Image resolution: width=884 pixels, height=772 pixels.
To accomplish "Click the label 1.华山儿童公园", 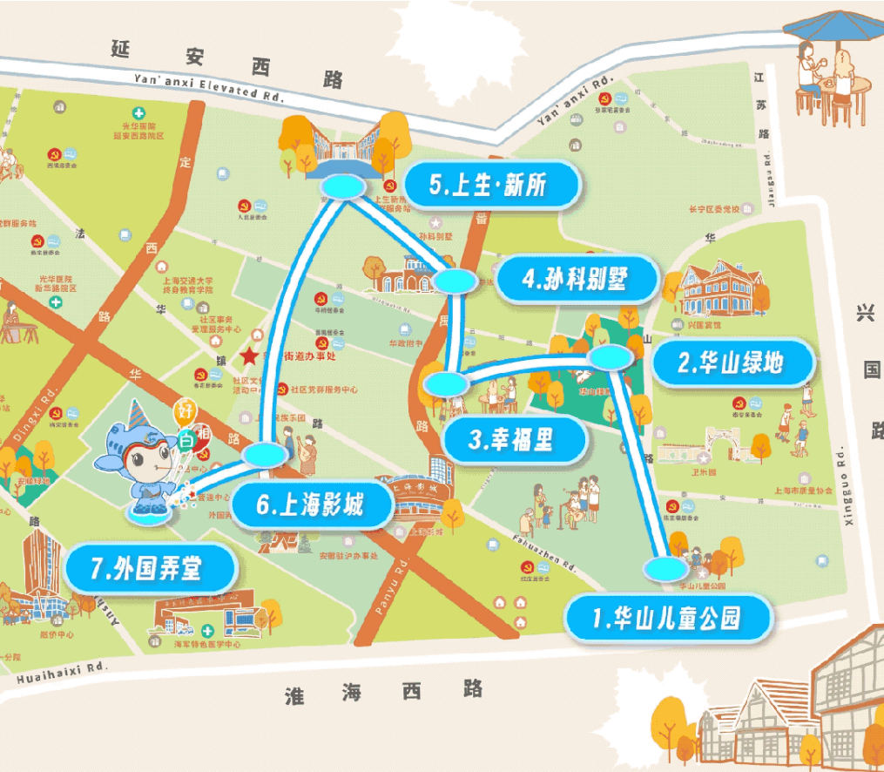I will tap(668, 620).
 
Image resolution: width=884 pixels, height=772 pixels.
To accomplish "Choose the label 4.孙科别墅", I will tap(576, 280).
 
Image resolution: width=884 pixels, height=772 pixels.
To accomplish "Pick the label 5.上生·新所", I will tap(492, 186).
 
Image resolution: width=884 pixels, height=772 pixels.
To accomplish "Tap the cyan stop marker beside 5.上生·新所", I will tap(342, 187).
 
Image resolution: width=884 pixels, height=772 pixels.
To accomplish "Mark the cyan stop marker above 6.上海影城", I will tap(263, 454).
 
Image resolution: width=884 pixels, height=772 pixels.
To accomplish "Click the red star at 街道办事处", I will tap(250, 356).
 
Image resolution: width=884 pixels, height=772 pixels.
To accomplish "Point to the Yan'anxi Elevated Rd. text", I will tap(209, 87).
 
